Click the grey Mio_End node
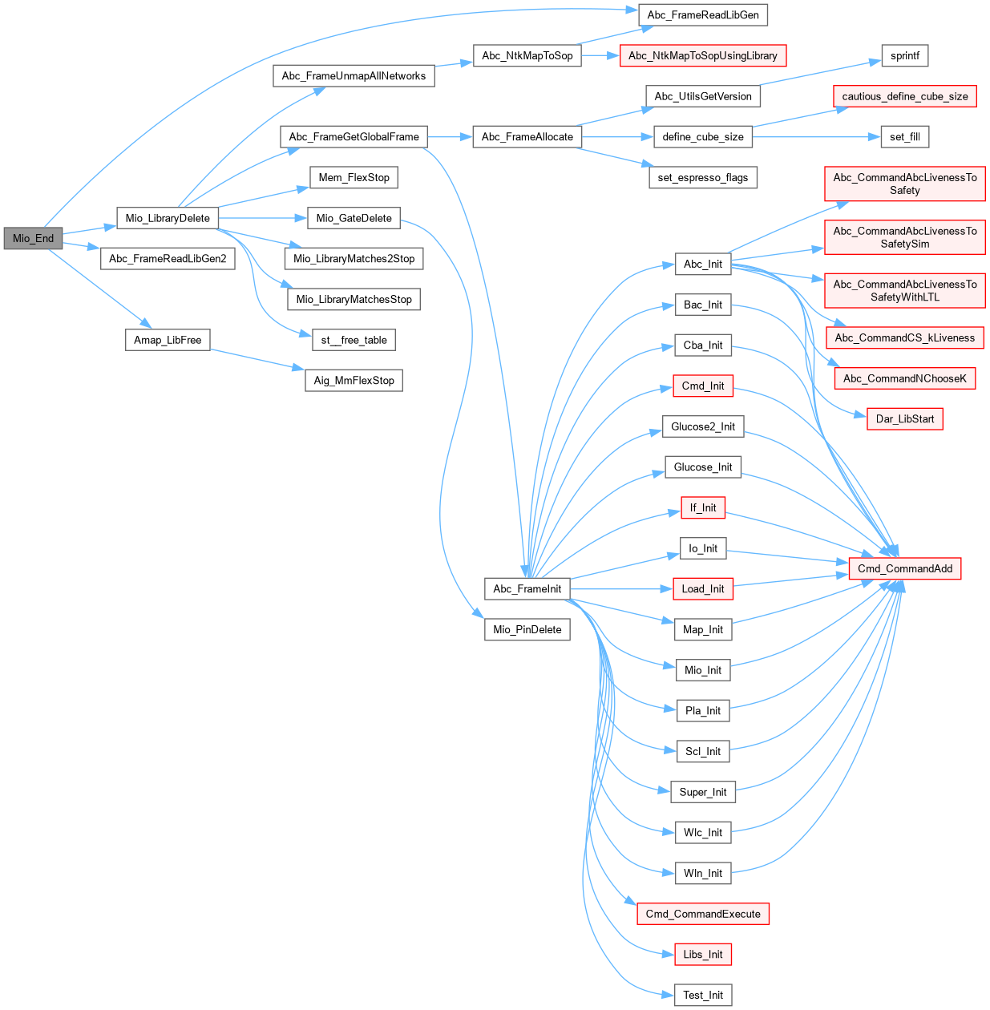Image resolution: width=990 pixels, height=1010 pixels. (33, 238)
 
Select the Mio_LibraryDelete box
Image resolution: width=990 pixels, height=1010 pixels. (168, 218)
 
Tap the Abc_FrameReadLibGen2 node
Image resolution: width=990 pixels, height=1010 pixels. (168, 259)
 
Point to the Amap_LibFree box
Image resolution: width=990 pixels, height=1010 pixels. (168, 340)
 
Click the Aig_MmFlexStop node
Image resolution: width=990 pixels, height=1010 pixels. (354, 381)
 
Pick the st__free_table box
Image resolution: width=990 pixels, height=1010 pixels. (354, 340)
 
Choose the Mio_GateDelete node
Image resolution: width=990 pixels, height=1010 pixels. (354, 218)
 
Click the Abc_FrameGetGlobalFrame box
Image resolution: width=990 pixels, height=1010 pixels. (354, 137)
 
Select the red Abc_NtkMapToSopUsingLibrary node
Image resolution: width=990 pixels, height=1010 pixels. (702, 55)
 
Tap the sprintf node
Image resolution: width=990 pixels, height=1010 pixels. (904, 55)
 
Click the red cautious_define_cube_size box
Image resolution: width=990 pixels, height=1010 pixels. (904, 96)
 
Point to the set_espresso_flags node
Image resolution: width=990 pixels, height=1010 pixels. (702, 177)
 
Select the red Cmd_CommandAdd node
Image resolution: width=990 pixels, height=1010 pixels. (904, 568)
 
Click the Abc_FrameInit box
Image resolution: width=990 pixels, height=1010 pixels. (527, 589)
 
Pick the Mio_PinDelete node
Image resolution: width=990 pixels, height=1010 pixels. (527, 629)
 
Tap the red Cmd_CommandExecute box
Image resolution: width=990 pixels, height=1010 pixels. (702, 914)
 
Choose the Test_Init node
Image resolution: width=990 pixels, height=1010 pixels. (702, 995)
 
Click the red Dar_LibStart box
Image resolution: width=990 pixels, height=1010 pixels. (904, 418)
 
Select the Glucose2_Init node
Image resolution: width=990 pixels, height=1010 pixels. (702, 426)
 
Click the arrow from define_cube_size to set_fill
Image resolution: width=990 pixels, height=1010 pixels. (810, 137)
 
